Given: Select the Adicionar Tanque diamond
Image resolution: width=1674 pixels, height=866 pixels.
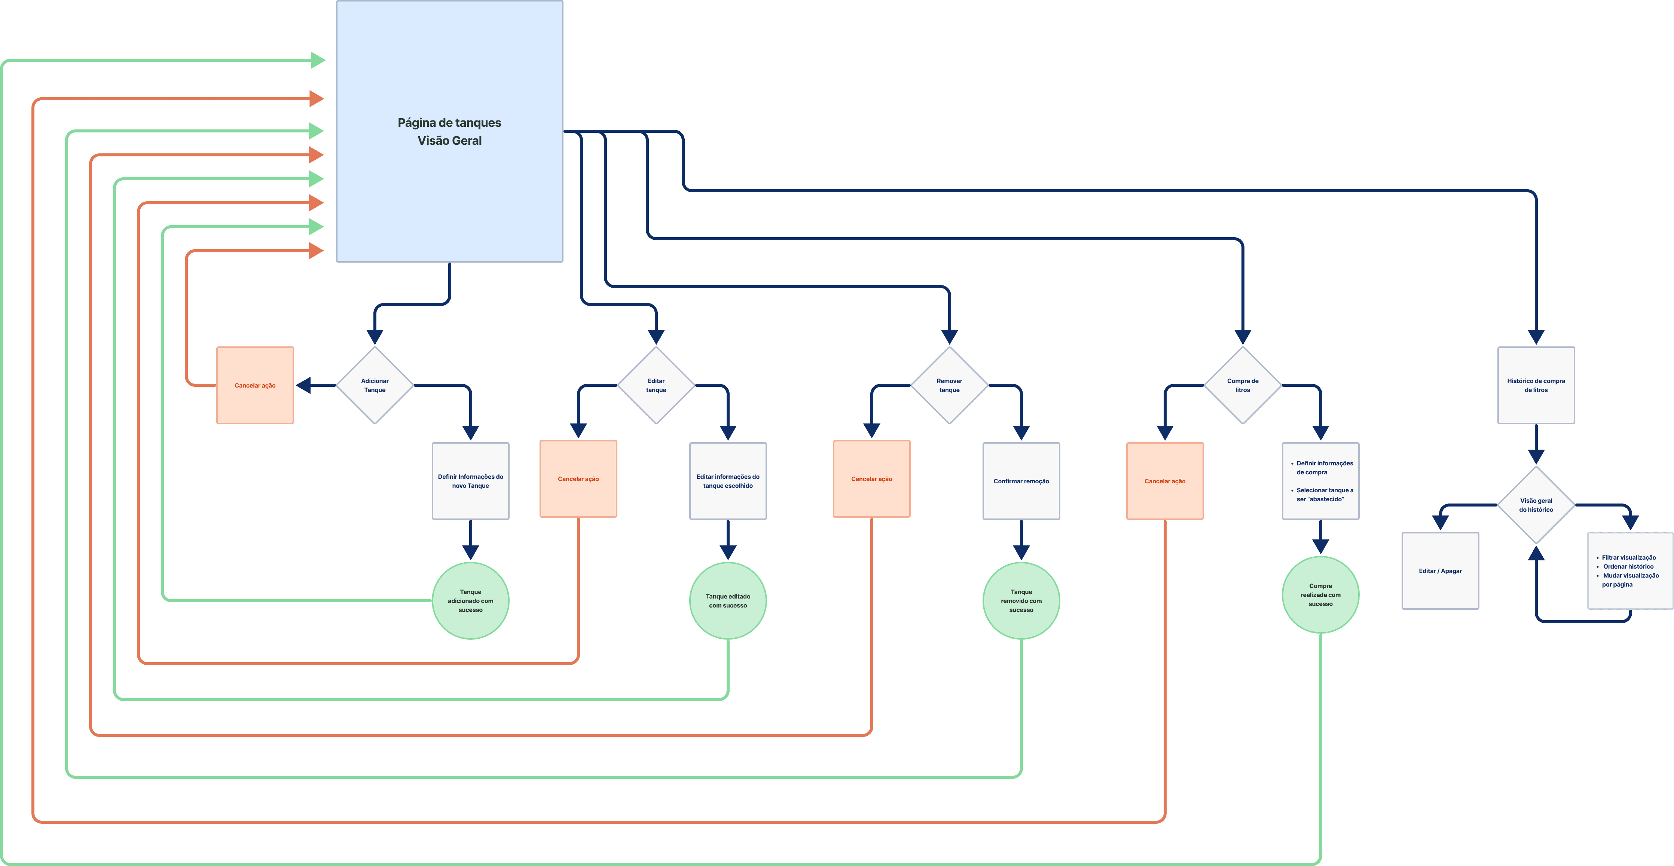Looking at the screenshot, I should (375, 385).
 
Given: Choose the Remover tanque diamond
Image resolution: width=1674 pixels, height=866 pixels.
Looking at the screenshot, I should (949, 385).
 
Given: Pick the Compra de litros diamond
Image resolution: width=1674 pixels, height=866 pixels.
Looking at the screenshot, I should (1243, 385).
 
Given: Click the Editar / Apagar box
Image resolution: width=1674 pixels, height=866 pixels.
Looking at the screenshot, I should (1440, 570).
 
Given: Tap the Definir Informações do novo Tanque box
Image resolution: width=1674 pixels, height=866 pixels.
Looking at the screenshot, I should (470, 481).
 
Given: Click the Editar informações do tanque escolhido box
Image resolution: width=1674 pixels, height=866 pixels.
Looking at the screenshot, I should (728, 481).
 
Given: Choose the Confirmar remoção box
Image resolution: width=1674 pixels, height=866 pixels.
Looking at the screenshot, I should (1021, 481).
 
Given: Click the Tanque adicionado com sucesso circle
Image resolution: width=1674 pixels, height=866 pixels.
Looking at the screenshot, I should (470, 600).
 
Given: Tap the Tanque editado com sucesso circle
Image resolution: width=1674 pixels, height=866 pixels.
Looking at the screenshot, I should (728, 600).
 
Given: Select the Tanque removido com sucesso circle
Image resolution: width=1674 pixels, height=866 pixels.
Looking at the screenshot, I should (1021, 600).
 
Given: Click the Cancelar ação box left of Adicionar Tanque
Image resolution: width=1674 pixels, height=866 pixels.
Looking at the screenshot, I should (255, 385).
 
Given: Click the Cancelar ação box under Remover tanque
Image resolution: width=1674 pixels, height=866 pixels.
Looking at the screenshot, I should (871, 479).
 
